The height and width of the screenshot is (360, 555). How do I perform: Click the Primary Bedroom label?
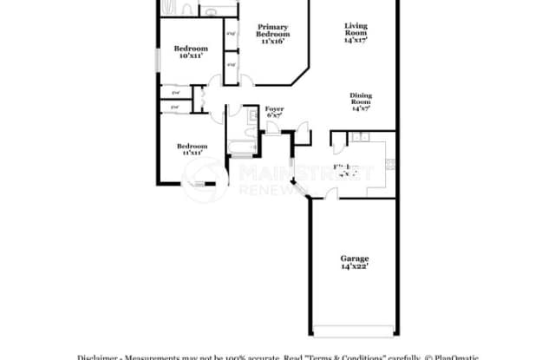[271, 29]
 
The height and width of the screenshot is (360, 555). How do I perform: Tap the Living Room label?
[356, 29]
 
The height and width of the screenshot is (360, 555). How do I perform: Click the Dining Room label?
[361, 98]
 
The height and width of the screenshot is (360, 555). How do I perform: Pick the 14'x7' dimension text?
[361, 109]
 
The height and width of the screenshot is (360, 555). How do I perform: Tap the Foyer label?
[274, 108]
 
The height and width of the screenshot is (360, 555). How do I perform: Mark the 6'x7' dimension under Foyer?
[274, 115]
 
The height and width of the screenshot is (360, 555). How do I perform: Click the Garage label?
[354, 258]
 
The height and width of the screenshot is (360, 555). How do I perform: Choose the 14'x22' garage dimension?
[354, 267]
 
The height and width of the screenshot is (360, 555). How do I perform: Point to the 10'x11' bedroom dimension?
[190, 56]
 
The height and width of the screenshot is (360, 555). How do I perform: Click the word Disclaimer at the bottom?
[98, 356]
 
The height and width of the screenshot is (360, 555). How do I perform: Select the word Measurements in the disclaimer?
[155, 356]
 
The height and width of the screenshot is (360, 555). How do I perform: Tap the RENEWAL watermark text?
[264, 188]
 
